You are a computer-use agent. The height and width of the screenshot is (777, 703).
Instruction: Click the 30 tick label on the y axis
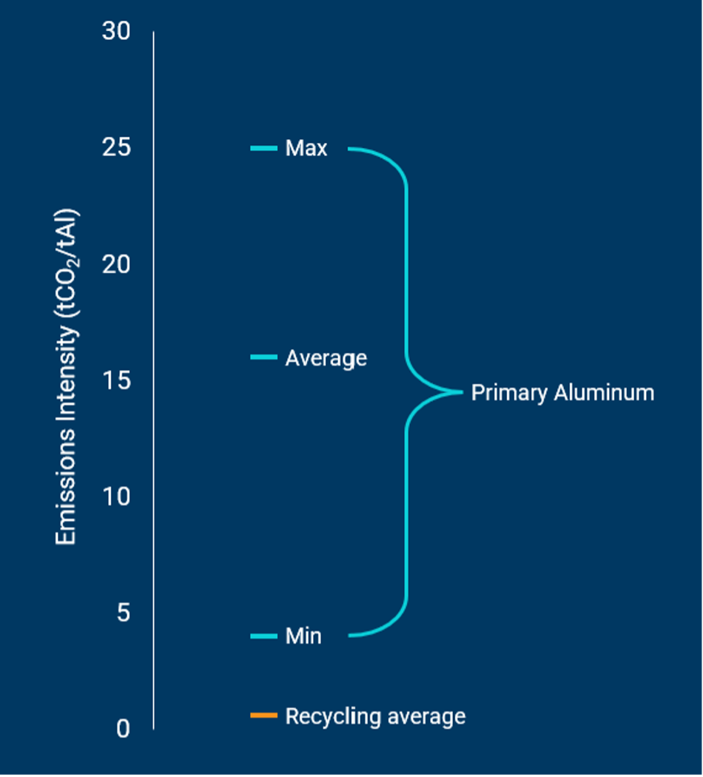point(116,32)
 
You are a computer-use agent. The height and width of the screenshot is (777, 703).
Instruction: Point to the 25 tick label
point(116,148)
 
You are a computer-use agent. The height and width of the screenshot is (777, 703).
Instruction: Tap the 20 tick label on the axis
point(116,264)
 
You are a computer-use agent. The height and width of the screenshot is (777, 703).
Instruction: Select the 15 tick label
point(116,380)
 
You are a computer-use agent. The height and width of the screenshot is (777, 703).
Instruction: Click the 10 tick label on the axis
point(116,497)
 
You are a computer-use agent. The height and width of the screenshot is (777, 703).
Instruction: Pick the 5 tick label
point(123,613)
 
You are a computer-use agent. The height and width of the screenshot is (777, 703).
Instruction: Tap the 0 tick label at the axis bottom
point(123,729)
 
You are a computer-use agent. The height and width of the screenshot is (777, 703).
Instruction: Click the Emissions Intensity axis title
point(67,377)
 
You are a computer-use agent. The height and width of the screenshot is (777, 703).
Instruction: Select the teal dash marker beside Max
point(263,149)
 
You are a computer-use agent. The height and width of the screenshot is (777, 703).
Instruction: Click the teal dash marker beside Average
point(263,357)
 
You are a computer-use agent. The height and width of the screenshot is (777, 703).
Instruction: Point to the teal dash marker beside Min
point(263,636)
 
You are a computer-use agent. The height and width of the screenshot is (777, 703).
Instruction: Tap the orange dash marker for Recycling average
point(263,716)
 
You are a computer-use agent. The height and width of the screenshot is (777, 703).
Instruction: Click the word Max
point(306,149)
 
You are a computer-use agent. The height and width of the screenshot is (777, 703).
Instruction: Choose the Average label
point(326,358)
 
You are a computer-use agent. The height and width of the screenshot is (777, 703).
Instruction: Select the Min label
point(303,636)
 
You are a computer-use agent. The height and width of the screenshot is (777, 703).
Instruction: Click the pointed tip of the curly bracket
point(460,391)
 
